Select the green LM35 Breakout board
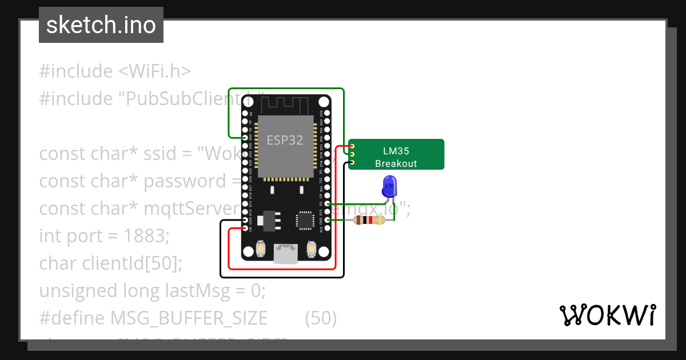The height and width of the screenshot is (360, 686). (x=396, y=155)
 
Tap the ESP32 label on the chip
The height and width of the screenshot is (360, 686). (x=285, y=140)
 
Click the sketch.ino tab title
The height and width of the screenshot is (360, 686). (x=101, y=25)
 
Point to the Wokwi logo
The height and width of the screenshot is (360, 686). (x=607, y=315)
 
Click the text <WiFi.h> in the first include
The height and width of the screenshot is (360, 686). (x=154, y=71)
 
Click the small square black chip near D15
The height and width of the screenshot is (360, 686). (x=304, y=221)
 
